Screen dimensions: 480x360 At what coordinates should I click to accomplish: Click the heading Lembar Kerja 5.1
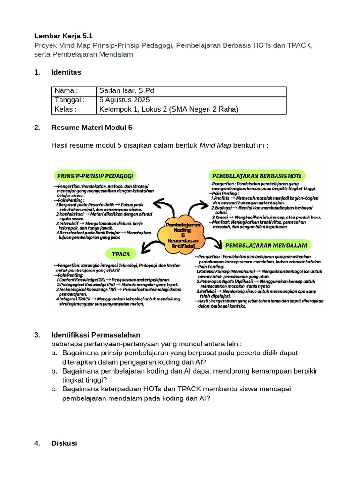63,36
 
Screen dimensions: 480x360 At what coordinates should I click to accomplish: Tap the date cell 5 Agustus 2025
124,100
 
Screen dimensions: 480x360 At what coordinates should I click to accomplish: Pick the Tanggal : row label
69,100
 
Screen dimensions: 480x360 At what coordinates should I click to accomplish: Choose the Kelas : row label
66,109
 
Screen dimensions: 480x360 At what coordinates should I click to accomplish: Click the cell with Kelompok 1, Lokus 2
169,109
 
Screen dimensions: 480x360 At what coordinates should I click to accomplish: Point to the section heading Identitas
66,72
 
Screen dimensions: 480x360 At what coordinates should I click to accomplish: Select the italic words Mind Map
215,145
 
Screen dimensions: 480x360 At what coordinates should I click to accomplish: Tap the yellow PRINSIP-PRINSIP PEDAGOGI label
95,176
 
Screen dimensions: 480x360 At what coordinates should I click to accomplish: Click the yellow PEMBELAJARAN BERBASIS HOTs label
257,175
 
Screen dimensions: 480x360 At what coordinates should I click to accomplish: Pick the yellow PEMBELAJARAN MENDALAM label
266,245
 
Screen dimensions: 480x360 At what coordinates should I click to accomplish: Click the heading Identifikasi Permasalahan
96,335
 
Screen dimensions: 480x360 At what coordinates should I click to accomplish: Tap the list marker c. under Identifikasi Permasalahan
54,389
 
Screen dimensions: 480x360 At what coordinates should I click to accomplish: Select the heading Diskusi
64,443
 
